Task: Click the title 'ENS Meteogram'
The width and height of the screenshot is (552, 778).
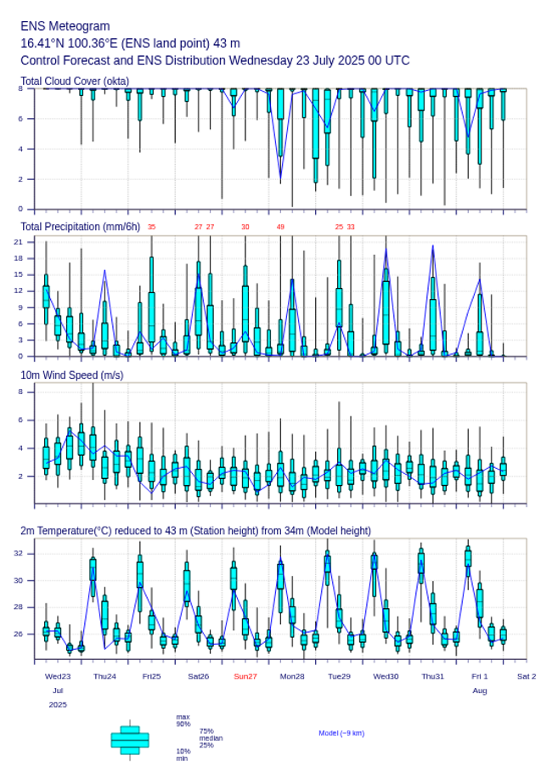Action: (65, 26)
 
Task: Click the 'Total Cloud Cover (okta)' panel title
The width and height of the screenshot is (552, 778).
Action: (75, 82)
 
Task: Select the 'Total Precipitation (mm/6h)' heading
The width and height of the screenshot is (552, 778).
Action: (81, 227)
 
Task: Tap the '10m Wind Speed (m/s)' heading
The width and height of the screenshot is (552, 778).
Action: (71, 375)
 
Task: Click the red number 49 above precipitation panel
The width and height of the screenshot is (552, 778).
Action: (280, 228)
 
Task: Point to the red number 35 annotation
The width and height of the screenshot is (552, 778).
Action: (151, 228)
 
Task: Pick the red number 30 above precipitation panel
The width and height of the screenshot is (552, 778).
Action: (245, 228)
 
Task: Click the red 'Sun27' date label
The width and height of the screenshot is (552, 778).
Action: (245, 676)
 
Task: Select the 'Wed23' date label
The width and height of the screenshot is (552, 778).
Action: (58, 676)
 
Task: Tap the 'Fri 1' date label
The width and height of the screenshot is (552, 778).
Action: (480, 676)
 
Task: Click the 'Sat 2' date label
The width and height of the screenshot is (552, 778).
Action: (527, 676)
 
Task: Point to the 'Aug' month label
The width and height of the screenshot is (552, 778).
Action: (480, 691)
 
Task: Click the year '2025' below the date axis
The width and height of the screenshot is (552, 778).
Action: (58, 705)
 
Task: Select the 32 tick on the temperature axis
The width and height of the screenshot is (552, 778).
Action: (28, 553)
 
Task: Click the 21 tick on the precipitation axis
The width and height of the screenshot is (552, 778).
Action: (28, 242)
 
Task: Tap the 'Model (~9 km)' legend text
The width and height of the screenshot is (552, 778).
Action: (341, 733)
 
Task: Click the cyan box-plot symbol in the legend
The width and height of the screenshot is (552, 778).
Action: (130, 740)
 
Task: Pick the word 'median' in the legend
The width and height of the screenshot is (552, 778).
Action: (211, 738)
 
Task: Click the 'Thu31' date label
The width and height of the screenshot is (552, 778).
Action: (433, 676)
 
